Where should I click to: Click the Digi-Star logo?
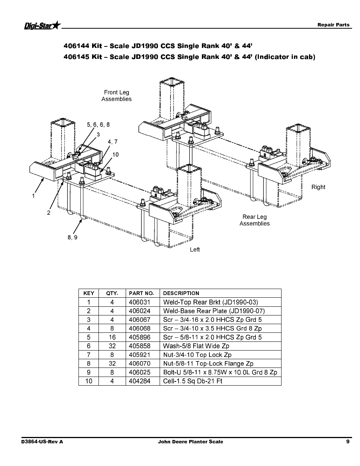click(x=43, y=25)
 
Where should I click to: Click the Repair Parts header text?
click(x=334, y=25)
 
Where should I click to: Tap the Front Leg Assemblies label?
click(x=117, y=95)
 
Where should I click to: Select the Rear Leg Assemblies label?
click(x=254, y=220)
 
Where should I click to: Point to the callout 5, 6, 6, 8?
click(x=98, y=125)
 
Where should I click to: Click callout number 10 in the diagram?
click(x=115, y=155)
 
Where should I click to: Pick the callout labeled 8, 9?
click(x=72, y=237)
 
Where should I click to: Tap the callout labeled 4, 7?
click(x=112, y=142)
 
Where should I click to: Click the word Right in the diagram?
click(x=318, y=187)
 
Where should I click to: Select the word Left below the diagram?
click(x=195, y=250)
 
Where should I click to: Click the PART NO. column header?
click(x=141, y=293)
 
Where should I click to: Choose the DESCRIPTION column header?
click(x=181, y=293)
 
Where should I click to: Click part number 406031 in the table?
click(x=140, y=302)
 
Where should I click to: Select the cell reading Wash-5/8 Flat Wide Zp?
click(x=196, y=346)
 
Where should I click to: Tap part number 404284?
click(x=140, y=381)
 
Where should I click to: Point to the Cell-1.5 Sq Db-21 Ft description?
click(x=192, y=381)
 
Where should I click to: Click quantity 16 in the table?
click(x=112, y=337)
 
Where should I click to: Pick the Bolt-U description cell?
click(x=220, y=372)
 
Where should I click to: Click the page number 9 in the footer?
click(x=348, y=441)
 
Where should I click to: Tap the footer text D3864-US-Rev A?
click(x=42, y=442)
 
